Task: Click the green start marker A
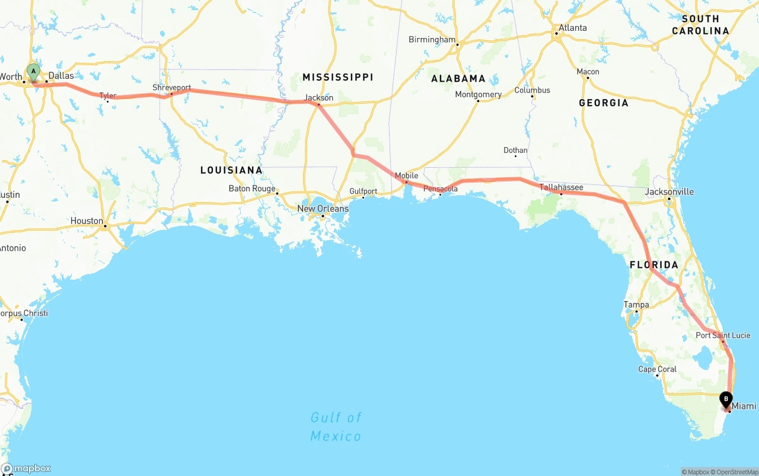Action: click(x=34, y=73)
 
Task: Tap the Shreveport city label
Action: click(x=171, y=88)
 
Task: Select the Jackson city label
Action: click(x=319, y=98)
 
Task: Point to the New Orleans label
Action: click(x=323, y=209)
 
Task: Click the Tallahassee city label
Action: click(x=561, y=187)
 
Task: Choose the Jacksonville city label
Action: click(x=669, y=192)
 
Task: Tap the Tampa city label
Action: click(x=636, y=305)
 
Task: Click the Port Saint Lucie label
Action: click(x=723, y=336)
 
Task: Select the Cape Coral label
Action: click(x=657, y=369)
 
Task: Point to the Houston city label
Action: click(x=87, y=221)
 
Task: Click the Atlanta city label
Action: click(x=572, y=28)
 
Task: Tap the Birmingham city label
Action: click(x=432, y=40)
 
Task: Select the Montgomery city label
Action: click(x=478, y=94)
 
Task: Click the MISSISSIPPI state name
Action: click(x=337, y=77)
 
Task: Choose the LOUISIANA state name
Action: click(x=231, y=170)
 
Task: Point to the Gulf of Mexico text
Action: click(x=336, y=427)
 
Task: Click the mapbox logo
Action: click(x=26, y=468)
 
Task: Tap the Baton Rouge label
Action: click(x=252, y=189)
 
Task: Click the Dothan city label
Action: click(x=515, y=151)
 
